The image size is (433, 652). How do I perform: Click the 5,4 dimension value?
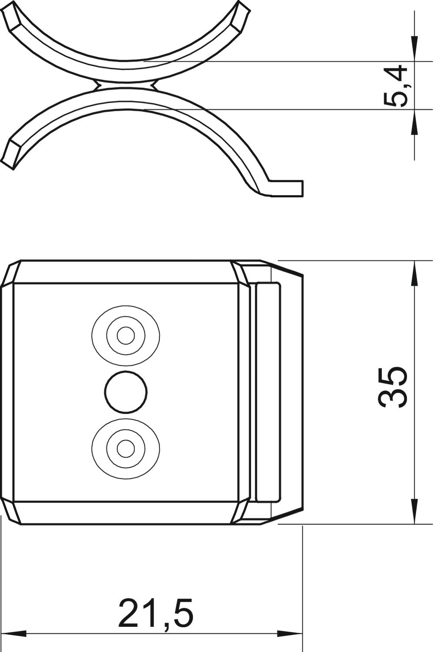pos(395,86)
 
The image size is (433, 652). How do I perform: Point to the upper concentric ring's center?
pos(126,335)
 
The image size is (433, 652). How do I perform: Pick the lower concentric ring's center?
pos(126,449)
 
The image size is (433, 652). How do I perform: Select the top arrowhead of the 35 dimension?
pos(414,273)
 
